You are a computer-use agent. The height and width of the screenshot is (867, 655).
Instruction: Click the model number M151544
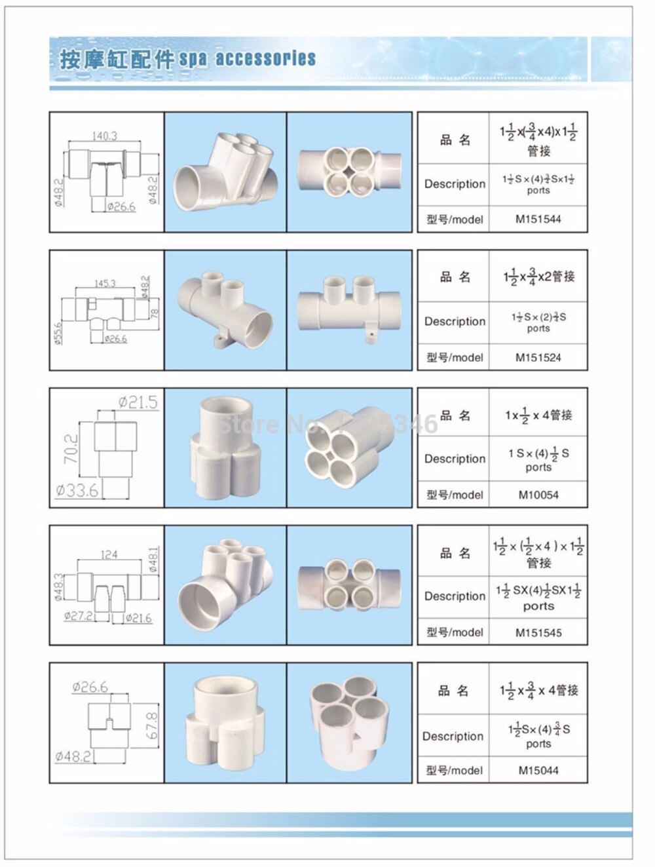[538, 220]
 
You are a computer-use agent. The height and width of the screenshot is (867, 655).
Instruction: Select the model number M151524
[538, 358]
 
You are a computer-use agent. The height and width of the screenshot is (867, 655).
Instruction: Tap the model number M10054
[538, 495]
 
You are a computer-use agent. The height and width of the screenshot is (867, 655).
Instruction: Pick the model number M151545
[538, 633]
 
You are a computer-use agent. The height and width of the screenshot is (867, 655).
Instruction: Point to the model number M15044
[538, 771]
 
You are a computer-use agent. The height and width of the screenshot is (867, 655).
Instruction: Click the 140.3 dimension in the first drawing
[105, 136]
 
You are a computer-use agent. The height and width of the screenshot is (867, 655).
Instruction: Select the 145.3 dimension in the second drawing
[105, 283]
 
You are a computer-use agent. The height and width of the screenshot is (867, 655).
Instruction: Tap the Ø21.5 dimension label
[138, 402]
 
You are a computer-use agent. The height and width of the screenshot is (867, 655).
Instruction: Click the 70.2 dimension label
[71, 450]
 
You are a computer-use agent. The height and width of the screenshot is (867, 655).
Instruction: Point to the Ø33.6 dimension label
[77, 490]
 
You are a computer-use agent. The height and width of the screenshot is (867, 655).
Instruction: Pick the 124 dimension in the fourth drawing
[109, 554]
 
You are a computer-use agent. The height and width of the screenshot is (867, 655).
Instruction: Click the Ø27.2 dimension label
[78, 617]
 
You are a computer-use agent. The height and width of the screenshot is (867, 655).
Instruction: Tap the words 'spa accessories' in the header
[248, 59]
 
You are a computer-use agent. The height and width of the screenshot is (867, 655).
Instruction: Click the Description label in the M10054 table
[455, 459]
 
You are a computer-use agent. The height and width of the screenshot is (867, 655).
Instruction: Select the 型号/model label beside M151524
[455, 358]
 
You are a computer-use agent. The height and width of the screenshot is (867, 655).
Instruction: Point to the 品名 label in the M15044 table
[454, 691]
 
